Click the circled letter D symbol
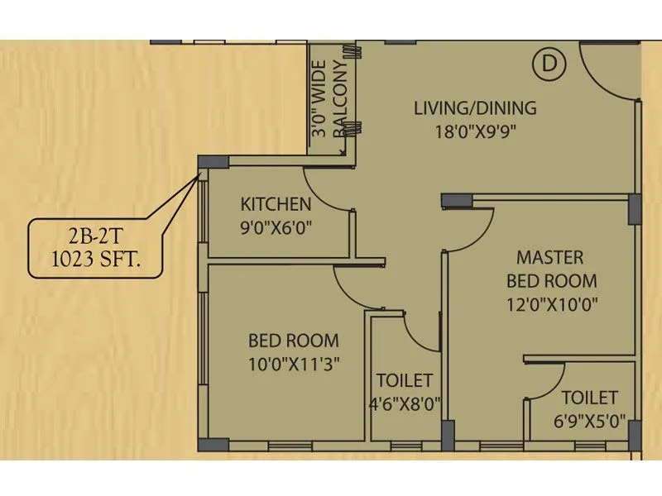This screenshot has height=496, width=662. pyautogui.click(x=545, y=64)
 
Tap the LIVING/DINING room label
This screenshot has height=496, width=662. pyautogui.click(x=475, y=108)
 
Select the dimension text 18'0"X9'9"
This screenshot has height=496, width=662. pyautogui.click(x=475, y=132)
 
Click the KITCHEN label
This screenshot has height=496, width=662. pyautogui.click(x=276, y=204)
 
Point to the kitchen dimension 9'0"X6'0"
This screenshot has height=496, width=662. pyautogui.click(x=276, y=227)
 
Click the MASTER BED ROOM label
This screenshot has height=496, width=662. pyautogui.click(x=551, y=269)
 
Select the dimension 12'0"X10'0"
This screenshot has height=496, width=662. pyautogui.click(x=551, y=303)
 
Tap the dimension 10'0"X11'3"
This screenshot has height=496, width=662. pyautogui.click(x=294, y=362)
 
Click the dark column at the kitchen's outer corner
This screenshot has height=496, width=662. pyautogui.click(x=213, y=162)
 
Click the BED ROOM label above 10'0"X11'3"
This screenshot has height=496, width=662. pyautogui.click(x=294, y=340)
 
